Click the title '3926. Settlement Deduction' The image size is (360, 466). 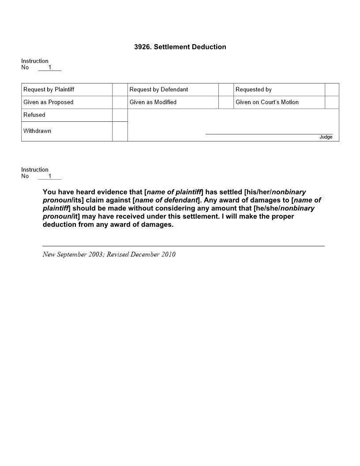pyautogui.click(x=180, y=47)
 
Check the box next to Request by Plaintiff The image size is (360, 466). pyautogui.click(x=120, y=90)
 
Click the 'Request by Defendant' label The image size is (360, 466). pyautogui.click(x=159, y=90)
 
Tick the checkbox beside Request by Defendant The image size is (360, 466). pyautogui.click(x=226, y=90)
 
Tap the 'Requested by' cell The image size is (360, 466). pyautogui.click(x=254, y=90)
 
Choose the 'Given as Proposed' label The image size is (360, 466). pyautogui.click(x=49, y=102)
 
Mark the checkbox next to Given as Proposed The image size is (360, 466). pyautogui.click(x=120, y=102)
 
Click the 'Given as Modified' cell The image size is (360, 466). pyautogui.click(x=153, y=102)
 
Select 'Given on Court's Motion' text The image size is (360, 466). pyautogui.click(x=267, y=102)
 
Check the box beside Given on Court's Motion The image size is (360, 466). pyautogui.click(x=332, y=102)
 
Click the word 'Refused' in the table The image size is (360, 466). pyautogui.click(x=34, y=115)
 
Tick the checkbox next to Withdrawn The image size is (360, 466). pyautogui.click(x=120, y=132)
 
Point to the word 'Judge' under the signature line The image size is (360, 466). pyautogui.click(x=326, y=137)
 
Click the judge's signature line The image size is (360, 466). pyautogui.click(x=269, y=133)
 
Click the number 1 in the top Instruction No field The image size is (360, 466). pyautogui.click(x=50, y=68)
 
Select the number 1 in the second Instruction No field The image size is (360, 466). pyautogui.click(x=50, y=176)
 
